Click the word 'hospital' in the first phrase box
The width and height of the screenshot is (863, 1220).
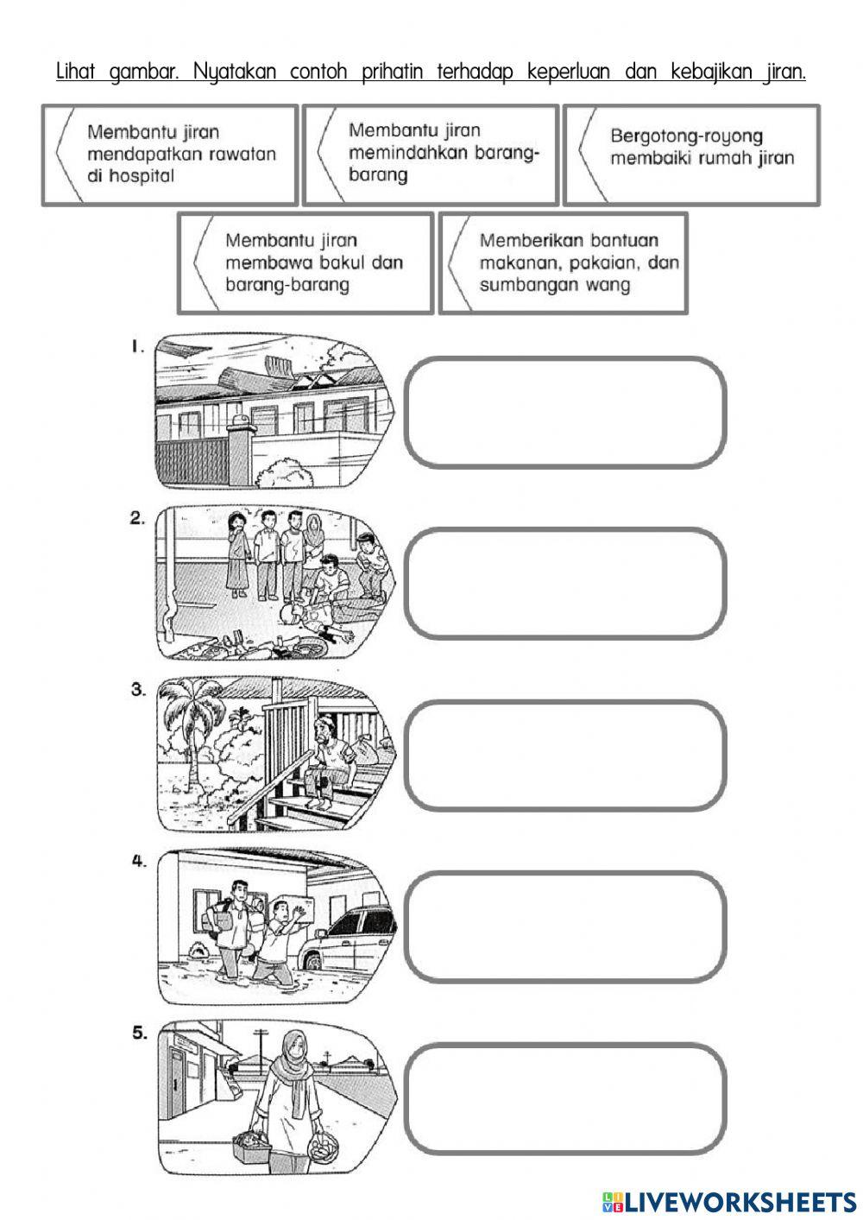tap(142, 176)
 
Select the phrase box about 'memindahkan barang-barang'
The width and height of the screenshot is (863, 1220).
tap(431, 155)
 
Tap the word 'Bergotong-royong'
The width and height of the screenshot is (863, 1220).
tap(687, 136)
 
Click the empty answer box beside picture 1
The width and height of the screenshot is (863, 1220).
tap(565, 413)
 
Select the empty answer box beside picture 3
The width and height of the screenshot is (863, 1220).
tap(565, 755)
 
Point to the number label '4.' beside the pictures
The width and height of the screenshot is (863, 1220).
tap(139, 862)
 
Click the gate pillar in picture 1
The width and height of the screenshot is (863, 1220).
tap(241, 448)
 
